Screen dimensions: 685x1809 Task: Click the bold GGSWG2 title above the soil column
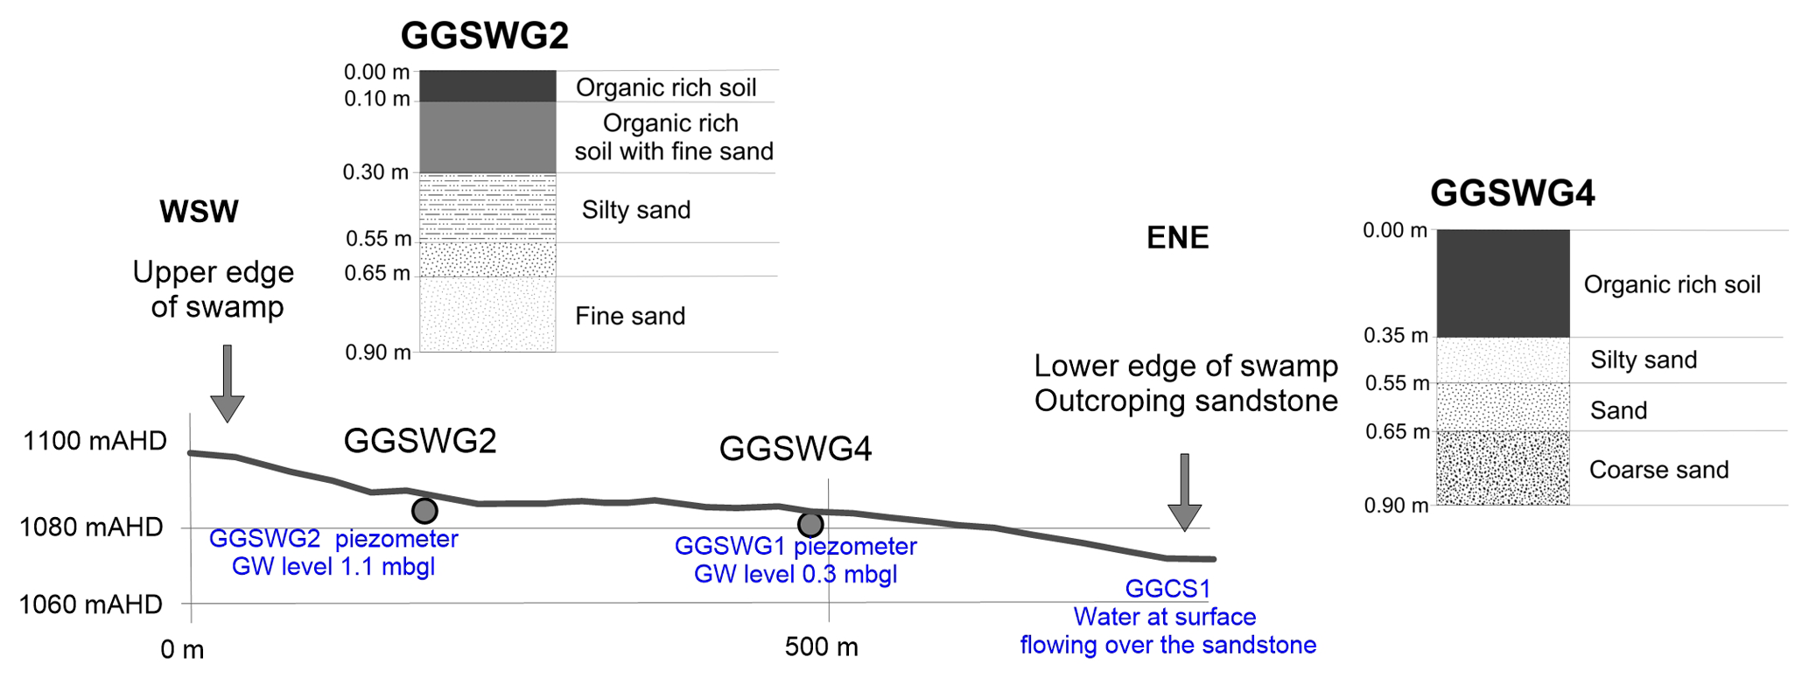pyautogui.click(x=484, y=36)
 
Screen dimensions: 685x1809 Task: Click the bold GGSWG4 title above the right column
pyautogui.click(x=1511, y=193)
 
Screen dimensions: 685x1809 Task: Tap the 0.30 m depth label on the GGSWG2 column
pyautogui.click(x=375, y=172)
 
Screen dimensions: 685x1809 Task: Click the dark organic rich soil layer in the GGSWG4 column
pyautogui.click(x=1503, y=283)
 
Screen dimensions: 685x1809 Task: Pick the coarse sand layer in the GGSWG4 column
pyautogui.click(x=1503, y=468)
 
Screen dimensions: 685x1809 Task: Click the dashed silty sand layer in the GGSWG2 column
pyautogui.click(x=487, y=207)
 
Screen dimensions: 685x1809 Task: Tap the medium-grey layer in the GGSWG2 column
pyautogui.click(x=487, y=137)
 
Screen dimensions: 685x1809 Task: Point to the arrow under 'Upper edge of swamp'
pyautogui.click(x=227, y=384)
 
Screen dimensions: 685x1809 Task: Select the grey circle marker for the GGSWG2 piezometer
pyautogui.click(x=424, y=510)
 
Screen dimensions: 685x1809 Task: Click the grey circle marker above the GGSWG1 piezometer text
pyautogui.click(x=810, y=524)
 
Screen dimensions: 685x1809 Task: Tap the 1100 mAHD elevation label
pyautogui.click(x=95, y=441)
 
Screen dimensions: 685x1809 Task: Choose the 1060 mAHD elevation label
pyautogui.click(x=91, y=605)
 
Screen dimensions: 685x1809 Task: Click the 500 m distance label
pyautogui.click(x=821, y=647)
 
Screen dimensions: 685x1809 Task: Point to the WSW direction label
pyautogui.click(x=199, y=212)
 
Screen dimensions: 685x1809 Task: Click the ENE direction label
pyautogui.click(x=1177, y=238)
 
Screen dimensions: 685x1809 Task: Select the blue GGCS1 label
pyautogui.click(x=1167, y=589)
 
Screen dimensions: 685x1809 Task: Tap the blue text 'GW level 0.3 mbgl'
pyautogui.click(x=795, y=575)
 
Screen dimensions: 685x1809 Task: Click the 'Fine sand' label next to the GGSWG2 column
pyautogui.click(x=629, y=316)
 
